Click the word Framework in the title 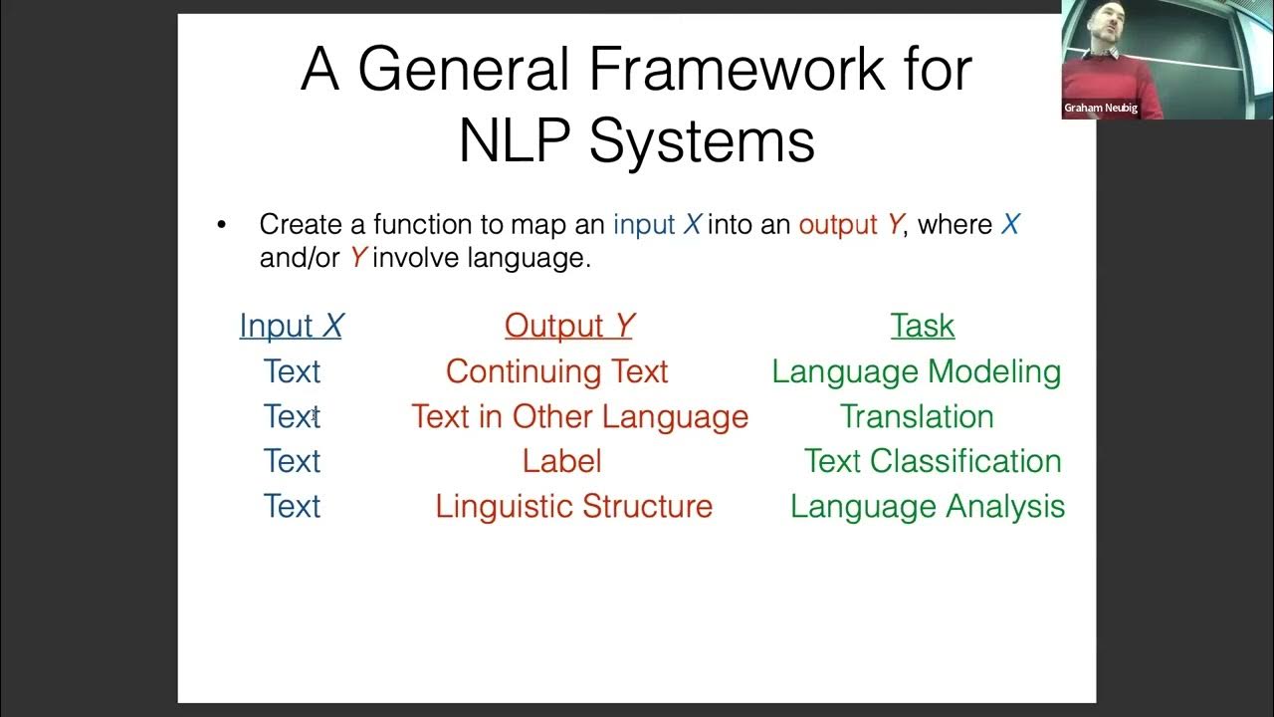click(735, 70)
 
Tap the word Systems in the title click(702, 141)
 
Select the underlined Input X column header click(291, 326)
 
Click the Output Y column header click(568, 326)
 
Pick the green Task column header click(922, 326)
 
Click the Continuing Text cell click(556, 371)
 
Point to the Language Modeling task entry click(916, 371)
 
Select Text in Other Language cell click(579, 416)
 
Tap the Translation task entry click(916, 416)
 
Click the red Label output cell click(561, 461)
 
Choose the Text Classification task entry click(932, 461)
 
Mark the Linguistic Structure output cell click(573, 506)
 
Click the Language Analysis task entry click(927, 506)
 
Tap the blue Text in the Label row click(292, 461)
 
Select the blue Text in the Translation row click(292, 416)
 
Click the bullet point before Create click(221, 226)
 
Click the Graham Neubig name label click(1100, 108)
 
